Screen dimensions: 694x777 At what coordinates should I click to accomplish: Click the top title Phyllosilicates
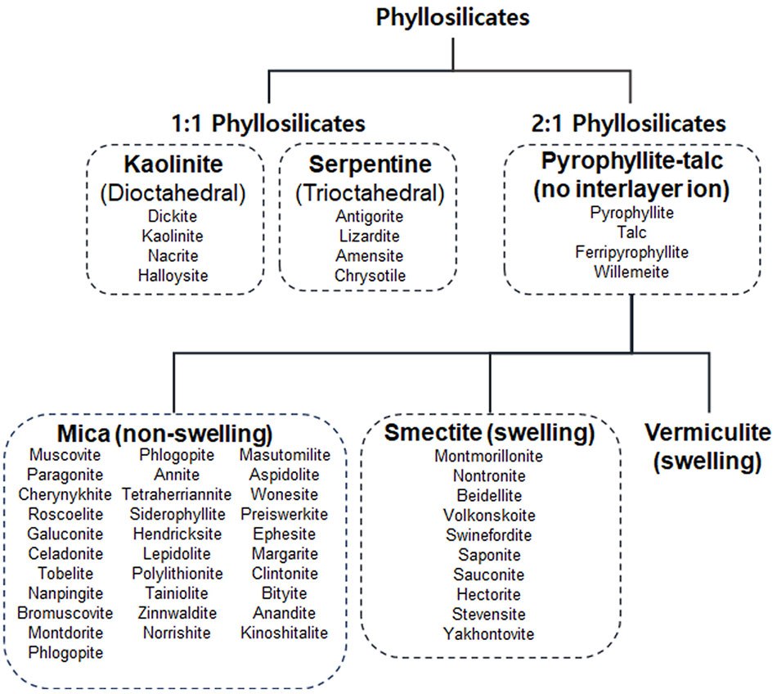452,17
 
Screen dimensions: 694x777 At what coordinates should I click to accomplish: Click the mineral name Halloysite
173,276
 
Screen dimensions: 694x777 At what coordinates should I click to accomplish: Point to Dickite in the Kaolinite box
173,217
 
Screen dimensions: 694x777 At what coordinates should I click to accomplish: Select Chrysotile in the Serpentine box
370,276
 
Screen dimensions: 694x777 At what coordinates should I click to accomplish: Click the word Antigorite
370,217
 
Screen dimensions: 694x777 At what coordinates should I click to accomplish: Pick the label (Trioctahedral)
370,193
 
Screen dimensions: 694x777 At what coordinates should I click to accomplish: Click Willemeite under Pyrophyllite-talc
631,272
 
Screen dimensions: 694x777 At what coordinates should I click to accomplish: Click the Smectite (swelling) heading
490,431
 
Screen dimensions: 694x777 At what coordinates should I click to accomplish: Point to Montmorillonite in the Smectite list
489,457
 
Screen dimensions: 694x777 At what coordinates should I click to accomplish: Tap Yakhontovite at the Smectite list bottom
489,633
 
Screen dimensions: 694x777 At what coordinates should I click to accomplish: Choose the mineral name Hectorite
489,594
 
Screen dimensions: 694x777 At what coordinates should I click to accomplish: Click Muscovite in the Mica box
65,455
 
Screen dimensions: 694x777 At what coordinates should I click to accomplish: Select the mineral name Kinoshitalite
284,633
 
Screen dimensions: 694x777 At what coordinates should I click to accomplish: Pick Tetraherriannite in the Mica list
177,494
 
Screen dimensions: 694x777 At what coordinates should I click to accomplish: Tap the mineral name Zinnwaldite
177,613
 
